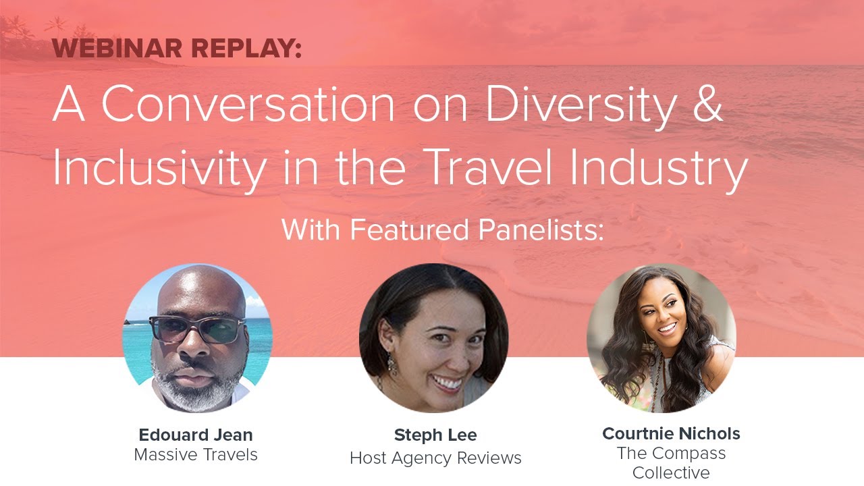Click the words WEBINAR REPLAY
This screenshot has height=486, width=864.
coord(177,49)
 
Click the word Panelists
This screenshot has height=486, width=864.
coord(541,230)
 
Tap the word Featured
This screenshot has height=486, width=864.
coord(412,230)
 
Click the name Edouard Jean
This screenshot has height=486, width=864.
coord(196,434)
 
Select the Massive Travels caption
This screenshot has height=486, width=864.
coord(196,455)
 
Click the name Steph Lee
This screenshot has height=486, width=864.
coord(435,435)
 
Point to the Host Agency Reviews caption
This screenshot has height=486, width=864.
coord(435,458)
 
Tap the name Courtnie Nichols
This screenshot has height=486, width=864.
coord(671,433)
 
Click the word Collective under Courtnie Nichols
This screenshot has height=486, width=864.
coord(671,473)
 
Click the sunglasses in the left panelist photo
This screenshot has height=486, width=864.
coord(196,329)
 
